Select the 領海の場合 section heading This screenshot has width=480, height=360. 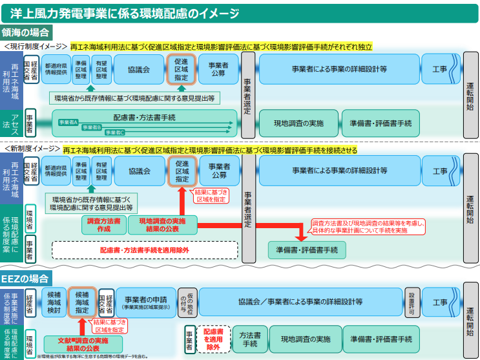26,32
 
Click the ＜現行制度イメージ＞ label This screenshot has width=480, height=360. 35,47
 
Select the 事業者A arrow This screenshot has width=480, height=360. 68,122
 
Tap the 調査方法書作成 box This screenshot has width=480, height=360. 103,225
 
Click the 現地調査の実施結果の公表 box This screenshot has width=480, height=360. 162,225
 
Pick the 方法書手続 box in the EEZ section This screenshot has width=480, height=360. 249,339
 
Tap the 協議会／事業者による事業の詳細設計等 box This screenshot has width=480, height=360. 300,302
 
